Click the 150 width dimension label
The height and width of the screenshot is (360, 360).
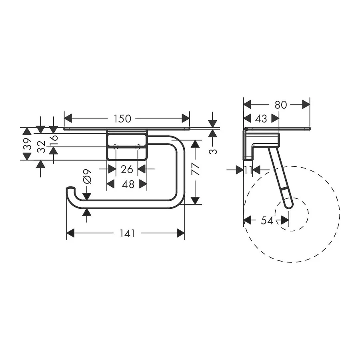[x=123, y=119]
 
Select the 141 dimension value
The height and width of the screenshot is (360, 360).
[x=127, y=234]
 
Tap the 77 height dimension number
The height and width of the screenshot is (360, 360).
[x=195, y=169]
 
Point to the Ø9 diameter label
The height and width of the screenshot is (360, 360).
[x=87, y=176]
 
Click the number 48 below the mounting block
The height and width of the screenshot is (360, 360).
[x=128, y=184]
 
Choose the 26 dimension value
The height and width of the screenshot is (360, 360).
[x=127, y=170]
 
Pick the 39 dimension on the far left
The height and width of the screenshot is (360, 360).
[x=27, y=144]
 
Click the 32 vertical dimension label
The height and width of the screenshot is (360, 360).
[x=42, y=147]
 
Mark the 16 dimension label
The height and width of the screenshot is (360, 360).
[x=54, y=140]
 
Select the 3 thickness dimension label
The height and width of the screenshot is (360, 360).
[x=213, y=152]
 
